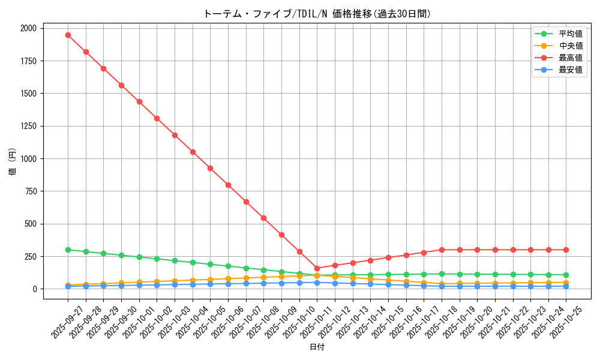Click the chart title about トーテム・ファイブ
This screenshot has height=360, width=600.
point(317,14)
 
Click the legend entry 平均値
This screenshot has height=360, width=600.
point(570,34)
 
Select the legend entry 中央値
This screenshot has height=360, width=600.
point(570,46)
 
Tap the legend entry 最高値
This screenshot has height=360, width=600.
point(570,58)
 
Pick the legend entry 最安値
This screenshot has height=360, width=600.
point(570,70)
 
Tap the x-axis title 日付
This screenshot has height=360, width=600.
point(317,347)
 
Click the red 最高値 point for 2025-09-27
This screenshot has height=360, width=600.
point(68,35)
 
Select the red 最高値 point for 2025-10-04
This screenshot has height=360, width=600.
point(193,152)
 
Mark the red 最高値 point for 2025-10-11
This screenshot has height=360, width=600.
point(317,268)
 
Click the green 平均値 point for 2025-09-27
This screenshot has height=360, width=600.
point(68,250)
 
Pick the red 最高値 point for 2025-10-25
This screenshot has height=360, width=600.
point(566,250)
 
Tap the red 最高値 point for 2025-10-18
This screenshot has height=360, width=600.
point(442,250)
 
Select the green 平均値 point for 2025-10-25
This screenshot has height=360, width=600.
point(566,275)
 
